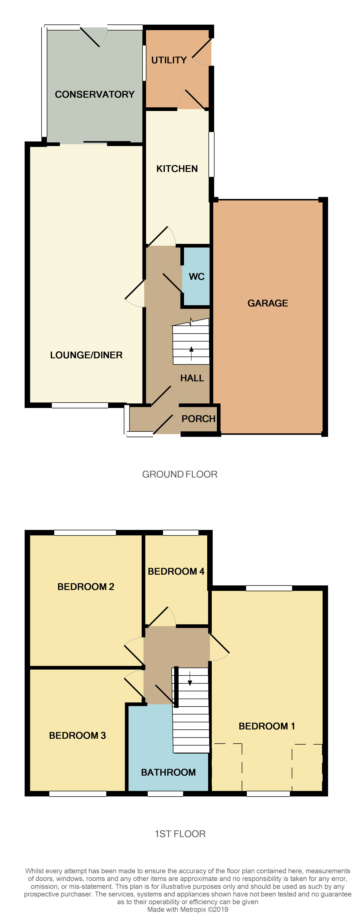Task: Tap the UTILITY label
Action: tap(169, 60)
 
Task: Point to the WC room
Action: tap(196, 277)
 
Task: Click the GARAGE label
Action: tap(267, 303)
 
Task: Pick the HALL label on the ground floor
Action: tap(192, 378)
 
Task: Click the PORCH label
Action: tap(198, 419)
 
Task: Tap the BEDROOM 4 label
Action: tap(176, 571)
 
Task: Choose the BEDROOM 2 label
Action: tap(86, 587)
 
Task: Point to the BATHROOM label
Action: tap(168, 772)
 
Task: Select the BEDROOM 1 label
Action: tap(267, 726)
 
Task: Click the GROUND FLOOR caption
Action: tap(180, 474)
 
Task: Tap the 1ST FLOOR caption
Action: tap(180, 834)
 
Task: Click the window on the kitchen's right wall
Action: tap(211, 154)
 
